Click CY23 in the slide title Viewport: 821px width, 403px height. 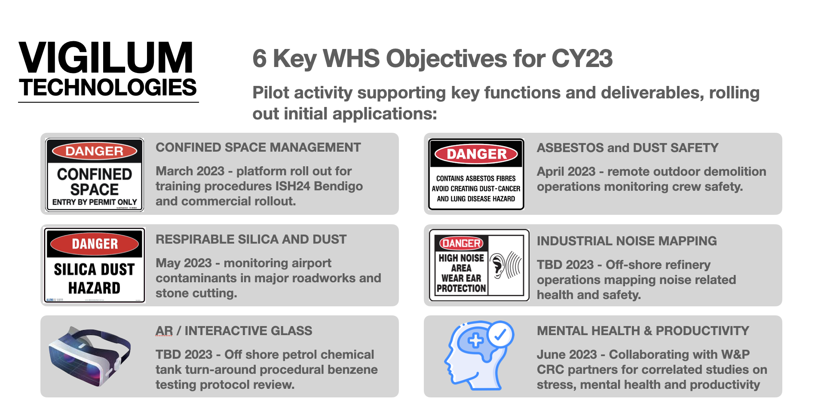[x=582, y=58]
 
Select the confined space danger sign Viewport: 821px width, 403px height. [x=95, y=175]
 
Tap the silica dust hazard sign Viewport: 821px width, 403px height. [x=95, y=266]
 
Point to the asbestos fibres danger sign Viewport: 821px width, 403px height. [x=476, y=174]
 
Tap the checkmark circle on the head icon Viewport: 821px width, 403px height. [x=500, y=334]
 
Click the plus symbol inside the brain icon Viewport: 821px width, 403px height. [x=475, y=341]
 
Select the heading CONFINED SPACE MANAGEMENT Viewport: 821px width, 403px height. [x=258, y=147]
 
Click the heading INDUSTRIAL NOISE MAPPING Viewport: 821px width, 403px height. [x=627, y=241]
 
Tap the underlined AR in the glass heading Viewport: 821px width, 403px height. [x=164, y=331]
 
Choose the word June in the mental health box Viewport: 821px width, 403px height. [x=552, y=354]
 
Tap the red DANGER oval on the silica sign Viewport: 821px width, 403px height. [x=95, y=244]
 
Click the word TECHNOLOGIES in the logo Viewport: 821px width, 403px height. [x=108, y=88]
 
